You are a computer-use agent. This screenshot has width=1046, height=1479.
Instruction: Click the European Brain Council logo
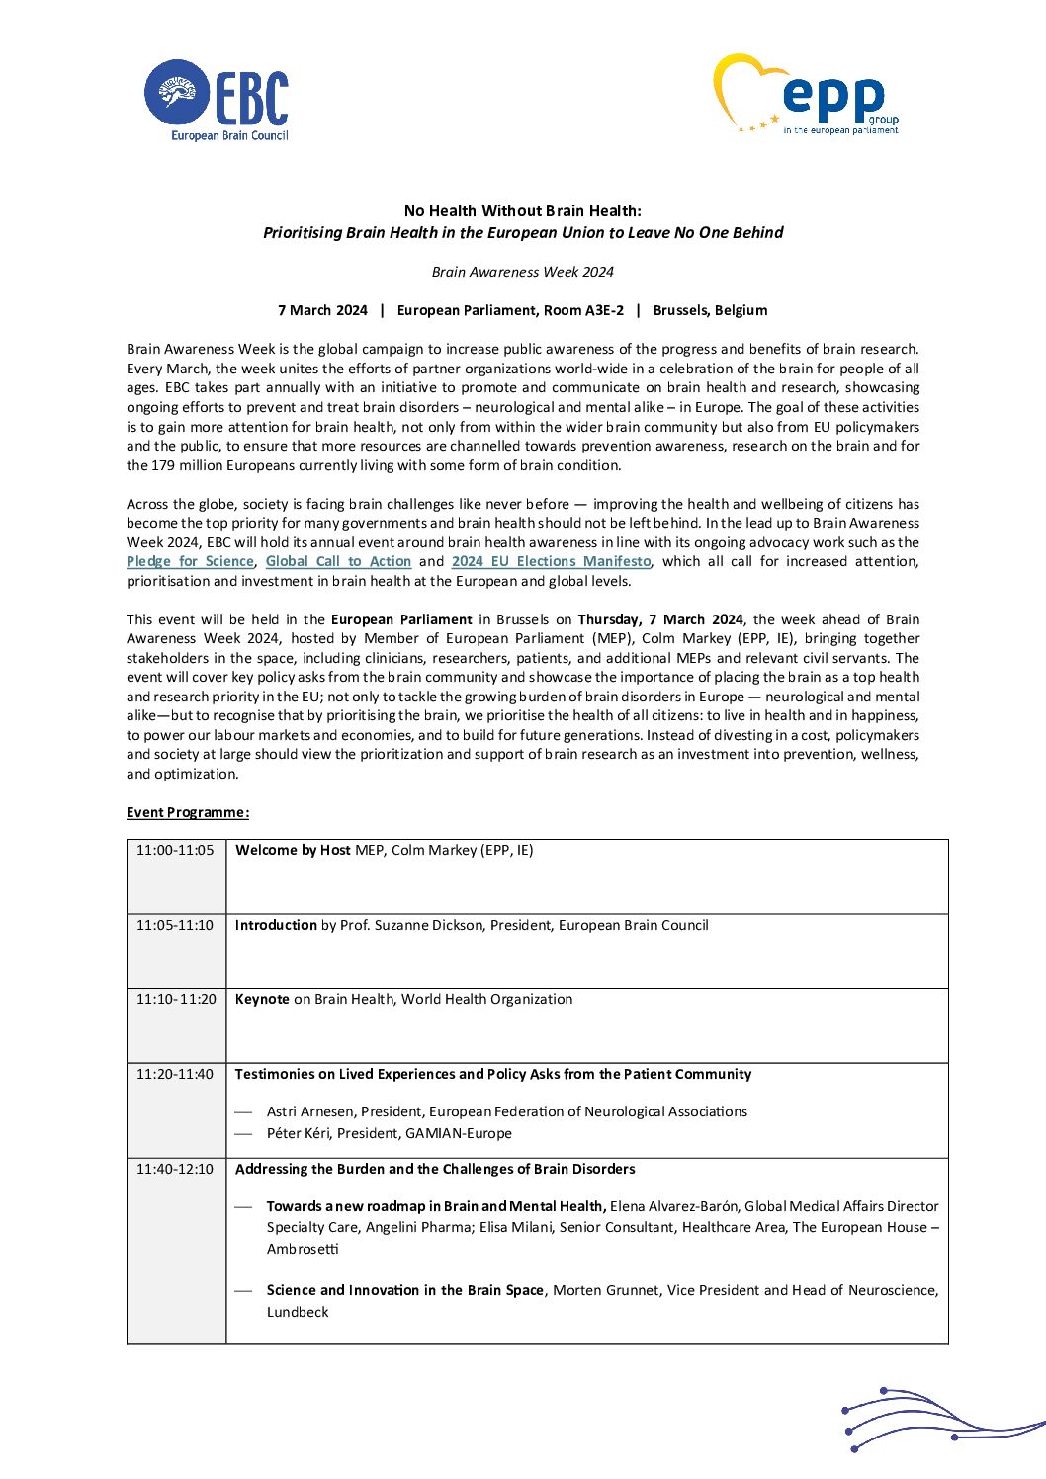pos(217,100)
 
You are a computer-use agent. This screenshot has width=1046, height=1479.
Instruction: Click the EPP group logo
pos(808,95)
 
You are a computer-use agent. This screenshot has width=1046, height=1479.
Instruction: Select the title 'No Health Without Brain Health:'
pos(522,210)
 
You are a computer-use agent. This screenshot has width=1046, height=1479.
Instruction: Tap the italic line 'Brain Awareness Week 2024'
pos(522,272)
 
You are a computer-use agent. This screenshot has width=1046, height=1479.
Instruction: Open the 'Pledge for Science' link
pos(190,561)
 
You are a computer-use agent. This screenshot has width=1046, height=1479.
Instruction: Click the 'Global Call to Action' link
pos(338,561)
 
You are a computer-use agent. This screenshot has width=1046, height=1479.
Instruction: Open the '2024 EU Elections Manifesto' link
pos(551,561)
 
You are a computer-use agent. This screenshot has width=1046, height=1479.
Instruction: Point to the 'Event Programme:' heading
pos(188,812)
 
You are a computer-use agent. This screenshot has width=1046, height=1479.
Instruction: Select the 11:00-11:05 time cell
pos(175,850)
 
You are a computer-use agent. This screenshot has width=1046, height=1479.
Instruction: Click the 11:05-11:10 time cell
pos(175,925)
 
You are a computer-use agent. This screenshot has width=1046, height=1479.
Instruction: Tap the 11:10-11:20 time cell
pos(176,999)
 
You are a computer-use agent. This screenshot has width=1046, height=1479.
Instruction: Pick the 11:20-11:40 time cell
pos(175,1074)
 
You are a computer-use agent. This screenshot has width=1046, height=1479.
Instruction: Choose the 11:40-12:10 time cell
pos(175,1169)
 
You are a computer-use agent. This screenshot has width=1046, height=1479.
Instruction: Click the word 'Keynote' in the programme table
pos(262,999)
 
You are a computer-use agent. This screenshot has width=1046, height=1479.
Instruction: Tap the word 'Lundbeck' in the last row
pos(298,1312)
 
